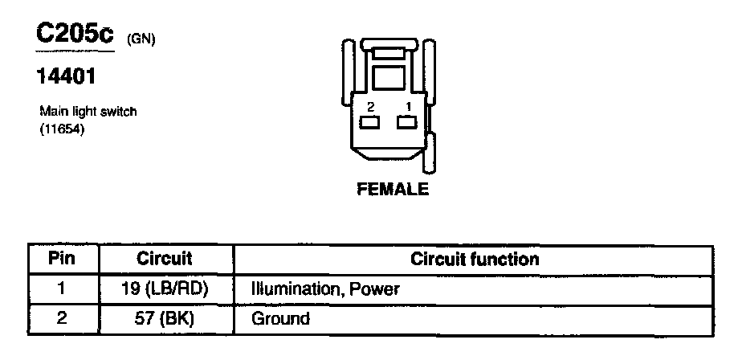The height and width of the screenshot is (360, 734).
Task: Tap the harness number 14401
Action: coord(67,77)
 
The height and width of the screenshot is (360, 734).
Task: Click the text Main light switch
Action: coord(88,112)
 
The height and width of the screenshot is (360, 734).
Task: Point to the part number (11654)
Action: coord(62,128)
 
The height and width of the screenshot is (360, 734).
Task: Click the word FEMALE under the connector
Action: coord(393,190)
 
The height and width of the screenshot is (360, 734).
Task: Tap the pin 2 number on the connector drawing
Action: coord(370,106)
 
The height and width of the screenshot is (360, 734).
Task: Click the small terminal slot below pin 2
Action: coord(370,123)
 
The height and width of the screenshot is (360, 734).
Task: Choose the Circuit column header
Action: coord(165,259)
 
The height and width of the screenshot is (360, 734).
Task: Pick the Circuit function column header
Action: coord(475,259)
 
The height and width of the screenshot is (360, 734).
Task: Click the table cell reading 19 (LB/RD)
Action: coord(165,288)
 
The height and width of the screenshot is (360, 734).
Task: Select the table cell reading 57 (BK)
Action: coord(165,318)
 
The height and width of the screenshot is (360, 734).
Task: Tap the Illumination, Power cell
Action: coord(325,288)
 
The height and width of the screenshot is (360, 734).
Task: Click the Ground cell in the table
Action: coord(281,318)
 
